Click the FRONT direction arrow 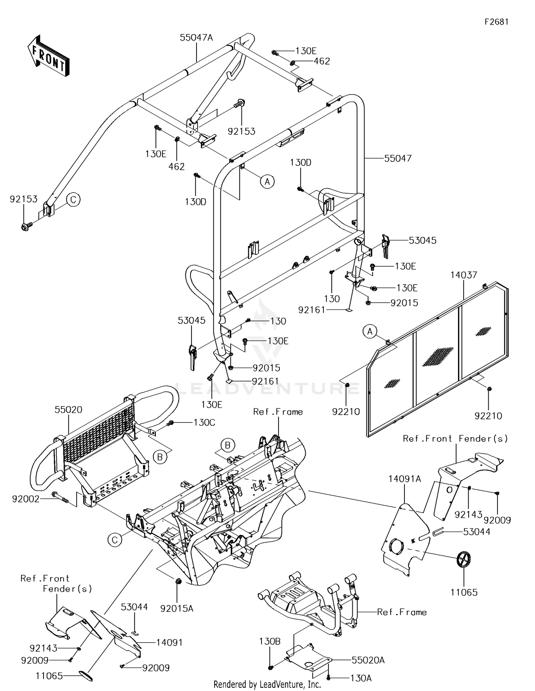click(x=48, y=55)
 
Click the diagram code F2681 click(x=496, y=22)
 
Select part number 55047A click(x=196, y=37)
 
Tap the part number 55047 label click(x=398, y=158)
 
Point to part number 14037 click(x=463, y=275)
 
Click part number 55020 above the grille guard click(x=68, y=410)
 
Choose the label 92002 click(x=26, y=499)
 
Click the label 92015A click(x=177, y=608)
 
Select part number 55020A click(x=368, y=660)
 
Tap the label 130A click(x=361, y=678)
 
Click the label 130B click(x=270, y=641)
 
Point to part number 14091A click(x=404, y=479)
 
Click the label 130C click(x=204, y=423)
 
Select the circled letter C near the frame click(x=114, y=540)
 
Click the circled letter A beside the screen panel click(x=370, y=332)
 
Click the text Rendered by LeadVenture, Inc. click(x=267, y=684)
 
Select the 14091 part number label click(x=169, y=643)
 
